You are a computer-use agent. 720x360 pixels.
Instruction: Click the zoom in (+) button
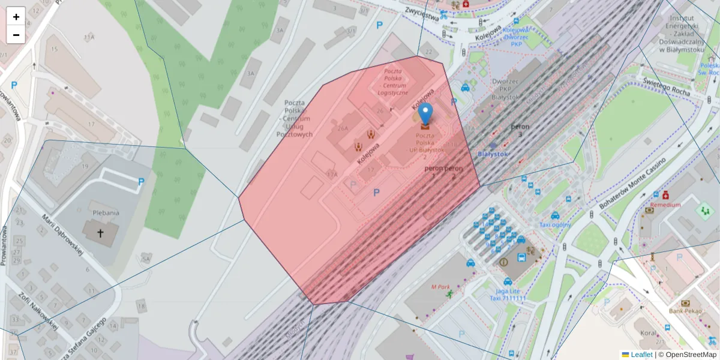click(x=16, y=17)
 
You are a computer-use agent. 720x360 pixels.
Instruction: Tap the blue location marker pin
click(x=425, y=113)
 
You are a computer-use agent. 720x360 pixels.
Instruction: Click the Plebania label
click(x=106, y=212)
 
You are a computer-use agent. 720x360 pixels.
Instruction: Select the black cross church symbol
click(x=100, y=233)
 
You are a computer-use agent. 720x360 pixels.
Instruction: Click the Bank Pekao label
click(x=686, y=311)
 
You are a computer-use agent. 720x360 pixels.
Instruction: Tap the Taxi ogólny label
click(x=555, y=225)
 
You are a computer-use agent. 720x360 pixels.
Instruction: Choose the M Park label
click(x=440, y=287)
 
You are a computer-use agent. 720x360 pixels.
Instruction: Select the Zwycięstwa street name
click(x=422, y=13)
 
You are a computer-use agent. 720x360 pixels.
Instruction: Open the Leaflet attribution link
click(x=641, y=355)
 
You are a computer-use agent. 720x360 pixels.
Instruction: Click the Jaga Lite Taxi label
click(x=507, y=294)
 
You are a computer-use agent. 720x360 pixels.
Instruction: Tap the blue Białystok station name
click(x=493, y=154)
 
